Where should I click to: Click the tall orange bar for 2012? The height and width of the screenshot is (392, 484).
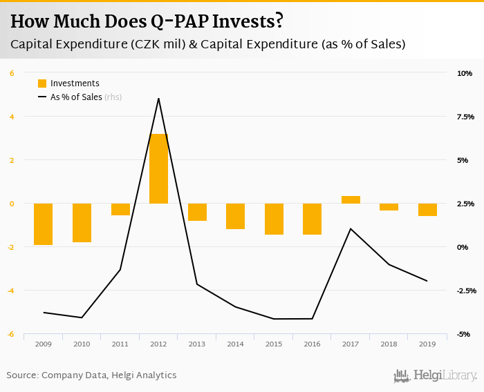point(159,168)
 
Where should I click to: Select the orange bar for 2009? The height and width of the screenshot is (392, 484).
point(43,224)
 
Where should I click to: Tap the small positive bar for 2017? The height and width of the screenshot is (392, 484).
point(351,199)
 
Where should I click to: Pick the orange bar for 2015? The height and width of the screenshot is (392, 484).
point(274,219)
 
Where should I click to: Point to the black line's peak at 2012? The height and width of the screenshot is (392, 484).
point(159,98)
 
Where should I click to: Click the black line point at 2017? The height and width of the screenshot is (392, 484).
point(351,228)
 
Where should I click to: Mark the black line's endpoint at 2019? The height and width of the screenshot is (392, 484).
point(427,281)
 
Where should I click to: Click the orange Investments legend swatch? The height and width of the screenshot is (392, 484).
point(42,84)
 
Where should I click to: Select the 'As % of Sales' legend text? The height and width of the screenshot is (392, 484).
point(76,97)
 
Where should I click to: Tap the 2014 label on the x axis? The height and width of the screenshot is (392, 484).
point(235,344)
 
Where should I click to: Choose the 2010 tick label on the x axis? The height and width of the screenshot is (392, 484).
point(82,344)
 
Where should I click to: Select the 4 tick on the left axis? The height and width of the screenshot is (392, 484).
point(12,117)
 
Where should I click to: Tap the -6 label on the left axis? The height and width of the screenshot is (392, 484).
point(11,334)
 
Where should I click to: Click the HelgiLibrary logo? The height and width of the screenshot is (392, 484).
point(435,375)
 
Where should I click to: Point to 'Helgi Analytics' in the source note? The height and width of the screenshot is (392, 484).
point(145,375)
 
